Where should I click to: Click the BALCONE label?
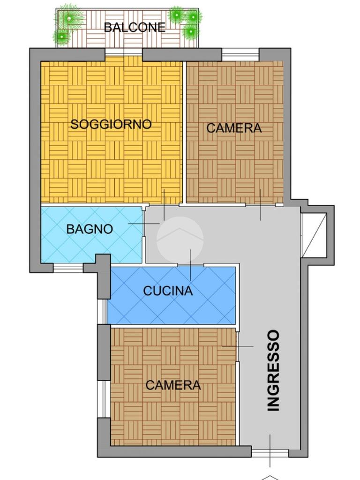[135, 28]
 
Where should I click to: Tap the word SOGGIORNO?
[111, 124]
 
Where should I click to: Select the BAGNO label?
[90, 229]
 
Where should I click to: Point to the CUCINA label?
[168, 291]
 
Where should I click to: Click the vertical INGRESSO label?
[273, 370]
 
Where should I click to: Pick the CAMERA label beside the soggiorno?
[234, 128]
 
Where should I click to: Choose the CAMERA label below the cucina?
[173, 385]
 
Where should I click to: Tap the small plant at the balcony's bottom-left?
[62, 37]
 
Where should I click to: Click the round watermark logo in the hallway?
[180, 240]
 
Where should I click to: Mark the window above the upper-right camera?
[240, 55]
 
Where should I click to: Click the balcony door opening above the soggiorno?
[124, 52]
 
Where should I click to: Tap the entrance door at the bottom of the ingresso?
[270, 454]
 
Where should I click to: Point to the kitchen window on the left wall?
[102, 311]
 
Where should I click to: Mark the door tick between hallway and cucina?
[191, 265]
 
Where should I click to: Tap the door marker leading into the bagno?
[144, 224]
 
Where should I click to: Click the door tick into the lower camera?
[238, 346]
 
